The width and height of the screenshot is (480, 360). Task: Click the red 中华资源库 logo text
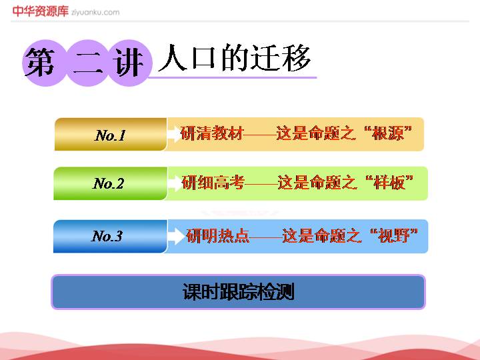point(41,11)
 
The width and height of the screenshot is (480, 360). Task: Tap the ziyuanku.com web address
point(95,13)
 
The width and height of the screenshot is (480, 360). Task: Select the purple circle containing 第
point(44,63)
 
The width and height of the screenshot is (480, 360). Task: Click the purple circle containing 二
point(87,63)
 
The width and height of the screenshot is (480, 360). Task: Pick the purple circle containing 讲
point(130,63)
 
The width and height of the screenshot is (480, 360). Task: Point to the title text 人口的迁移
point(234,58)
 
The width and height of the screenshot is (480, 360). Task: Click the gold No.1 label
point(111,135)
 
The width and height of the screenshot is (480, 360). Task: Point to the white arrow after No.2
point(175,183)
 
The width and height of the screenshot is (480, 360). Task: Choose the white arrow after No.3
point(177,236)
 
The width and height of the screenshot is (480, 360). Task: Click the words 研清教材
point(212,133)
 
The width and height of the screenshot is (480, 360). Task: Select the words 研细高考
point(213,183)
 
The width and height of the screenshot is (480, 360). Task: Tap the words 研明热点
point(217,236)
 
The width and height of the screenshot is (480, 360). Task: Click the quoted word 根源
point(388,133)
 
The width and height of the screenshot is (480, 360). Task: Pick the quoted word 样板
point(389,183)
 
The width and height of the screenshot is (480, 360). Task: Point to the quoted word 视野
point(394,236)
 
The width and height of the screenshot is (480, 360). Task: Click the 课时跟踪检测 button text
point(239,291)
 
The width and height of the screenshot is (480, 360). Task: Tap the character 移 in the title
point(296,58)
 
